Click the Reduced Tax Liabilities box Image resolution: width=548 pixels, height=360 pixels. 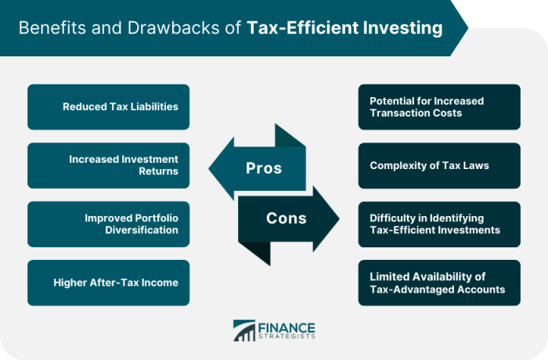[x=108, y=107]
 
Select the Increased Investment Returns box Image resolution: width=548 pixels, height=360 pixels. [x=108, y=165]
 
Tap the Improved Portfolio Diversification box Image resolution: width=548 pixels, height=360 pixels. [x=108, y=224]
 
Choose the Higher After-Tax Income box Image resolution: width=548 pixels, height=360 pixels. [x=108, y=283]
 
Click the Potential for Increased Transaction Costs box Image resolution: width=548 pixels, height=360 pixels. [x=439, y=107]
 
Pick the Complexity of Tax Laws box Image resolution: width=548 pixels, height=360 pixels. [x=439, y=165]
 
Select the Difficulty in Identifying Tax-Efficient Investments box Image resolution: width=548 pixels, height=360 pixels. [x=439, y=224]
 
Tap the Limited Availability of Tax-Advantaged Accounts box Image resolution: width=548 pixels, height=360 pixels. [x=439, y=283]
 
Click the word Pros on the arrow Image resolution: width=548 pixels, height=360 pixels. [x=264, y=168]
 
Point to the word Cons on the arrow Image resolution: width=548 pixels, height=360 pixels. [x=287, y=218]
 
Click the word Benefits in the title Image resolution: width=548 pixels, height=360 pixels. [x=52, y=27]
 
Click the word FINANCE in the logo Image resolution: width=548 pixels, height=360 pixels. [x=287, y=328]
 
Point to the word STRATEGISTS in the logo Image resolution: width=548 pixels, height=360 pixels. [x=287, y=337]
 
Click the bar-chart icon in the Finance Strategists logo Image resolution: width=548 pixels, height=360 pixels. [x=244, y=330]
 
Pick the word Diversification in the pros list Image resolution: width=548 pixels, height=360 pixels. [x=142, y=230]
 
